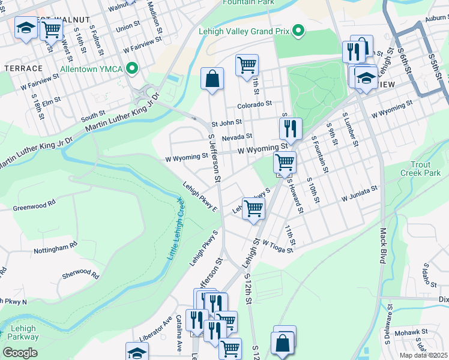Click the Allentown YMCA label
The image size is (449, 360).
91,69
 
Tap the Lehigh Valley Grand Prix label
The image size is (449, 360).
246,31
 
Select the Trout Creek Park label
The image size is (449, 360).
420,169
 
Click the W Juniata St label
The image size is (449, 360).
359,192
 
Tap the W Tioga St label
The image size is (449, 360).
276,247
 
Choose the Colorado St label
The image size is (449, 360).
254,105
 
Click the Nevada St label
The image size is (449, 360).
237,137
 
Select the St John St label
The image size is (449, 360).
226,122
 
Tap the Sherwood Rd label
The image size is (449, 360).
80,274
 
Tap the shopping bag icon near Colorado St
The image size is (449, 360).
212,79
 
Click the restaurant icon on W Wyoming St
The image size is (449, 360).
290,128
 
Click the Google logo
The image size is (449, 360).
20,353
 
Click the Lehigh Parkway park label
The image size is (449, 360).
23,333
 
